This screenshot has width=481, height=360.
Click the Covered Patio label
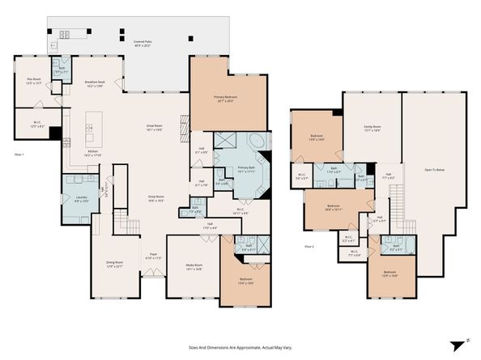tap(138, 42)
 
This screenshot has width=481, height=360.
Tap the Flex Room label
tap(33, 81)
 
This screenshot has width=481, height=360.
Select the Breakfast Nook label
tap(96, 83)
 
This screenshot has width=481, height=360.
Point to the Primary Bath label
tap(246, 170)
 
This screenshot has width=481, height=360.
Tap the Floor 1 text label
tap(19, 154)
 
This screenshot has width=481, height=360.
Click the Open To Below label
tap(435, 170)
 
